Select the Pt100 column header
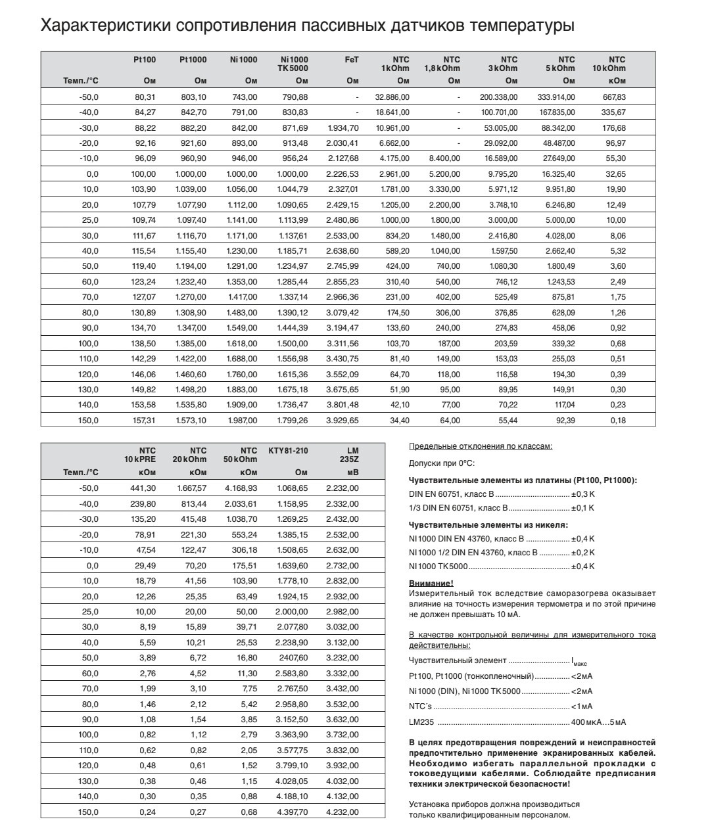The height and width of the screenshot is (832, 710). pos(145,60)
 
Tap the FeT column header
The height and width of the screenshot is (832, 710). pos(352,60)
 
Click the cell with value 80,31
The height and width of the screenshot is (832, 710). pos(145,97)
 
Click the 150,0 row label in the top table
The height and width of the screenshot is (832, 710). pos(88,421)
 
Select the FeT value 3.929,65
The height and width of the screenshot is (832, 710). pos(343,421)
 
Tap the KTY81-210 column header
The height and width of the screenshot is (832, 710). pos(288,451)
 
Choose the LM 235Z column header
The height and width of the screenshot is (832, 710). pos(352,455)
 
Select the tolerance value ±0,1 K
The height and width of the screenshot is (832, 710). pos(582,508)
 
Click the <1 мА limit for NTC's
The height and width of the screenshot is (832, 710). pos(582,707)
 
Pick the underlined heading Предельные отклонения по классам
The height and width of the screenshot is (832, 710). pos(481,447)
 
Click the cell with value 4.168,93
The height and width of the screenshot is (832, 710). pos(241,488)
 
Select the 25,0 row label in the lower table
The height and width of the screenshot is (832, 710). pos(88,612)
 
